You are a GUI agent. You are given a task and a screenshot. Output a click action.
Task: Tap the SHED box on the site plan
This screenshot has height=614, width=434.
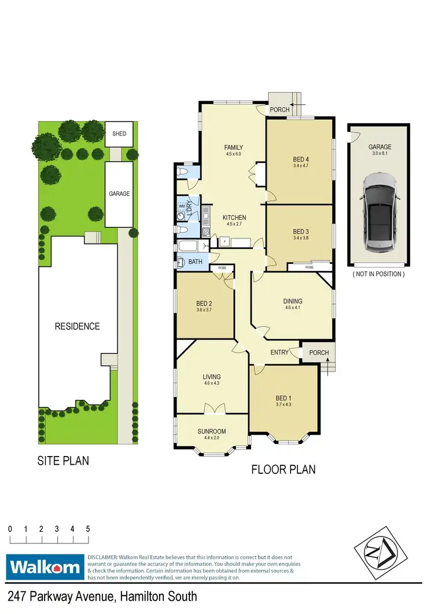[x=119, y=134]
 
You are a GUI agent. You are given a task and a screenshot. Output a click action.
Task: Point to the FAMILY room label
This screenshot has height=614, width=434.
[x=233, y=148]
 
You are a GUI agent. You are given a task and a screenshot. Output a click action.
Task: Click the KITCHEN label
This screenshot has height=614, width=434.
[x=234, y=218]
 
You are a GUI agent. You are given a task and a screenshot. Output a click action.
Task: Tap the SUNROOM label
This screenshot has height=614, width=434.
[x=211, y=431]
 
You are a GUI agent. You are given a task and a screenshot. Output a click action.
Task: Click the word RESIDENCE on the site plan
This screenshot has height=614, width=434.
[x=77, y=326]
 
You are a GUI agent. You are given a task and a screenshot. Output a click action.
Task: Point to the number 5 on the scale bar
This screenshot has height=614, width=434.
[x=88, y=529]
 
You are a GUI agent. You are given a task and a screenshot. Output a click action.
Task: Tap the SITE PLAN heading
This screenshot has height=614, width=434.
[x=63, y=461]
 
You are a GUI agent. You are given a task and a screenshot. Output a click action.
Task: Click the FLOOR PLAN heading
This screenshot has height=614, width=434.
[x=284, y=469]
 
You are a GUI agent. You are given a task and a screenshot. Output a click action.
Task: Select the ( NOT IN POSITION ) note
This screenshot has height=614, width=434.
[x=378, y=274]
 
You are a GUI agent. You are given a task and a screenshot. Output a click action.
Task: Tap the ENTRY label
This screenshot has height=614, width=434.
[x=279, y=352]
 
